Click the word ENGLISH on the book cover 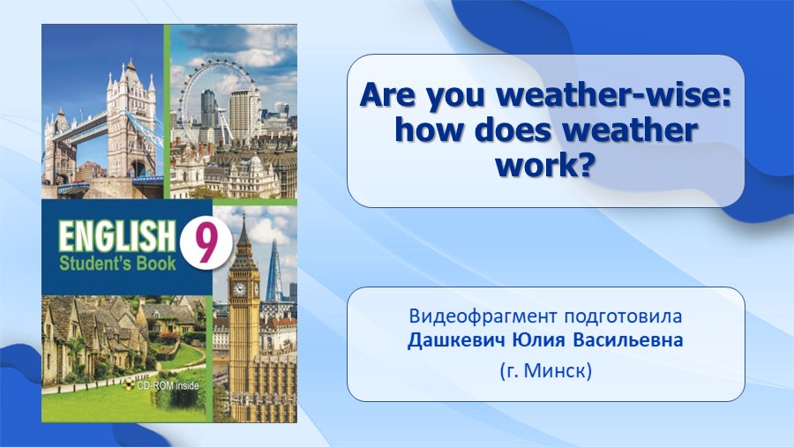click(x=116, y=236)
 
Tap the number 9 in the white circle click(x=206, y=243)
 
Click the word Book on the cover click(x=154, y=264)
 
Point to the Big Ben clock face click(x=238, y=289)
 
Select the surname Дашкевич click(x=456, y=339)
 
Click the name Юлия click(x=539, y=339)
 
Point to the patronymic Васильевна click(x=628, y=339)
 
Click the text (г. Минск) click(x=546, y=371)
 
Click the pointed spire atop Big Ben click(x=243, y=227)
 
